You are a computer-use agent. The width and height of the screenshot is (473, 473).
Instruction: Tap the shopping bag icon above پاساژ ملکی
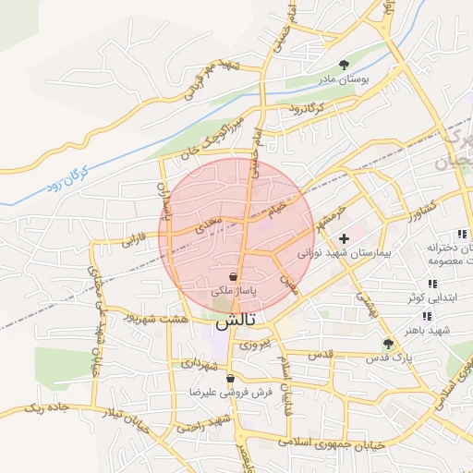point(234,276)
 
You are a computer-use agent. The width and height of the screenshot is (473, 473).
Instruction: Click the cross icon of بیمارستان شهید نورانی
point(345,238)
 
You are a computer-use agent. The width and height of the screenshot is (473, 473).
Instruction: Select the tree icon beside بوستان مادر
point(345,65)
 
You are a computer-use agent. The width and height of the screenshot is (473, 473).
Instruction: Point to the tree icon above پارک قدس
point(387,344)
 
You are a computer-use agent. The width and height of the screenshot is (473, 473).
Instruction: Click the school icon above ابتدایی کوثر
point(431,284)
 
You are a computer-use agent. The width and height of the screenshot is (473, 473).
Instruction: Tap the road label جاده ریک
point(45,406)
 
